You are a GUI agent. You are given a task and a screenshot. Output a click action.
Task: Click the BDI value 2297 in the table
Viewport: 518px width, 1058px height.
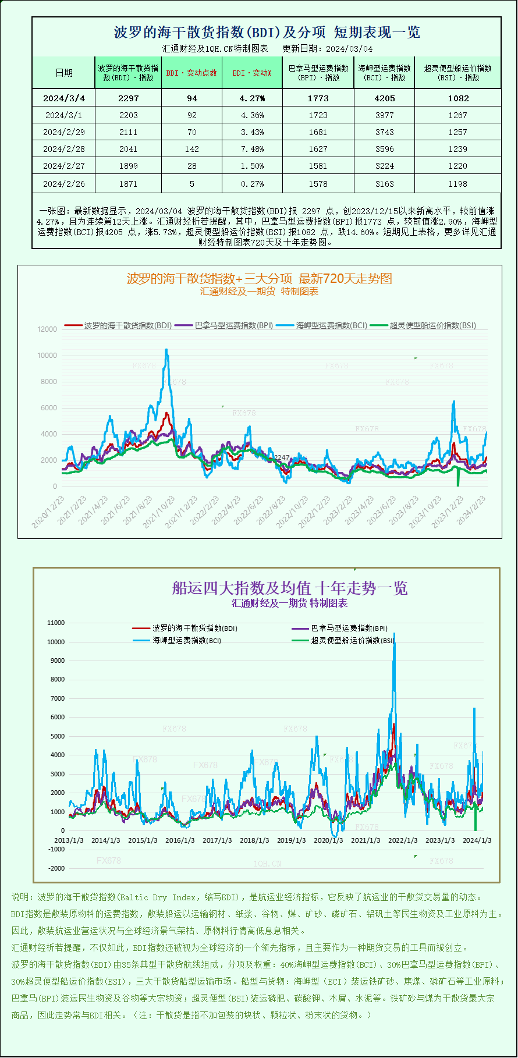coord(129,98)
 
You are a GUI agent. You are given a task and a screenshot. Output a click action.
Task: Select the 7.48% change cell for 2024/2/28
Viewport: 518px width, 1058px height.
coord(252,149)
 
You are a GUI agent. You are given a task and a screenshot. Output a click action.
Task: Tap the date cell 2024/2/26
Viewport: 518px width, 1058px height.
coord(64,184)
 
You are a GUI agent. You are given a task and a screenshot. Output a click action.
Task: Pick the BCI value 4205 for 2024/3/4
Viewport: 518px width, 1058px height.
coord(385,98)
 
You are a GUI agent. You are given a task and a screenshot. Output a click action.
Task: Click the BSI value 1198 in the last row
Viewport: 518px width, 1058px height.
coord(458,184)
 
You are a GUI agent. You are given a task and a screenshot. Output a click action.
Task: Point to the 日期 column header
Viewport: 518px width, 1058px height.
coord(64,73)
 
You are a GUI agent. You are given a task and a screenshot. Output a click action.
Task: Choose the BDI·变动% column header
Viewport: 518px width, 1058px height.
coord(252,73)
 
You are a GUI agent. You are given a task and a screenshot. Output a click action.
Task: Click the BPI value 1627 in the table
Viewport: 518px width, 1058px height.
coord(318,149)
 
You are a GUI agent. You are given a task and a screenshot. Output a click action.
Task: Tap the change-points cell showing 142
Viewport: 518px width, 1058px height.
coord(192,149)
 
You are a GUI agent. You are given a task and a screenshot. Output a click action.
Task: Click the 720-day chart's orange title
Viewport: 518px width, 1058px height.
coord(260,279)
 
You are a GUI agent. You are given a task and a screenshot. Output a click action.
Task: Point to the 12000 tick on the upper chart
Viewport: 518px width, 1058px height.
coord(48,329)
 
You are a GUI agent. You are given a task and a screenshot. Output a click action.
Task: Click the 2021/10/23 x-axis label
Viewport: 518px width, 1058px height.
coord(159,512)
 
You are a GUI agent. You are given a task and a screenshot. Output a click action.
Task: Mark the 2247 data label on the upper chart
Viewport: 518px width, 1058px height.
coord(282,457)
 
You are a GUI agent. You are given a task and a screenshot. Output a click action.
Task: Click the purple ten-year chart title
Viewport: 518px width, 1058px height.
coord(290,588)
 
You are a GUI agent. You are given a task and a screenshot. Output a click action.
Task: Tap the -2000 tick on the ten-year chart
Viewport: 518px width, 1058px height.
coord(57,868)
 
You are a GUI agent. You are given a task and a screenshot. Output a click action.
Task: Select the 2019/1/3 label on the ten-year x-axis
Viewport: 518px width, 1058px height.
coord(291,840)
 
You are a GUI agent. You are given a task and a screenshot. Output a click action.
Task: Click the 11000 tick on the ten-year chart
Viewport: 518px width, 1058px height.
coord(56,623)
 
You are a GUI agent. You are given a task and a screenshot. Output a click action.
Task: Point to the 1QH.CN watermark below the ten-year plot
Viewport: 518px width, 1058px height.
coord(267,864)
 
